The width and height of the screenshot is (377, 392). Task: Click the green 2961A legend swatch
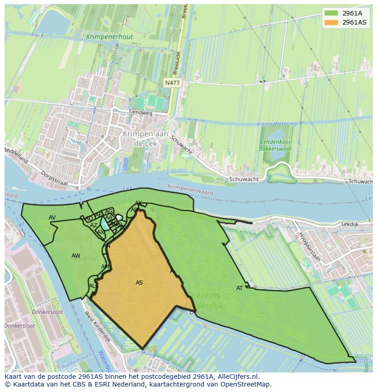(x=331, y=13)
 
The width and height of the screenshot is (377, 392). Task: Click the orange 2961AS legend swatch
(x=331, y=22)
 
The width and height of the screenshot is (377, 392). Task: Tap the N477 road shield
(x=172, y=82)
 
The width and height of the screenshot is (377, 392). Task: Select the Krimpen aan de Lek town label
(x=145, y=138)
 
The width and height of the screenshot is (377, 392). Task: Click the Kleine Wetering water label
(x=276, y=124)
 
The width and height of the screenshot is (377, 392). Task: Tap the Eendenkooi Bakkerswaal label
(x=275, y=145)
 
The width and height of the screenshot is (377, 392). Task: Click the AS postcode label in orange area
(x=139, y=283)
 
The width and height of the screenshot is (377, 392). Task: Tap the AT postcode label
(x=239, y=288)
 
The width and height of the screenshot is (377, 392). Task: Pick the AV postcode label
(x=52, y=218)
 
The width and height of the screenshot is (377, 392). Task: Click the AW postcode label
(x=76, y=256)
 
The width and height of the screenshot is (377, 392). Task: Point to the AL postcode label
(x=92, y=286)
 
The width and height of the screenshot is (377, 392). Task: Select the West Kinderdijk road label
(x=97, y=327)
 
